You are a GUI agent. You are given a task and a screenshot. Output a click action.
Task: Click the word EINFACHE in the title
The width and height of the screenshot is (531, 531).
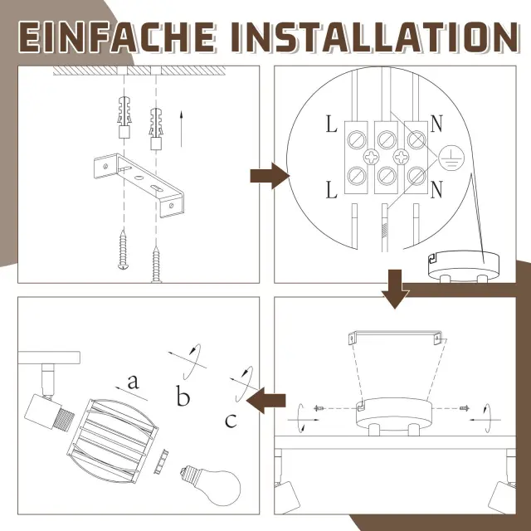[x=116, y=37]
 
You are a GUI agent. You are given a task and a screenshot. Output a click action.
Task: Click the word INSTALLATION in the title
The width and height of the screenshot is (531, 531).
[x=375, y=37]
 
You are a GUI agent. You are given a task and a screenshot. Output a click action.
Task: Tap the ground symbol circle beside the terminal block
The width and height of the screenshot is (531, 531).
[x=451, y=158]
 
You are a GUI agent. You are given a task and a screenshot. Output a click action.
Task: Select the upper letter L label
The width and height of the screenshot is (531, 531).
[x=332, y=124]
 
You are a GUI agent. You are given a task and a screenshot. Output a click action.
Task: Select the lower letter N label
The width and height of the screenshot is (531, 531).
[x=436, y=190]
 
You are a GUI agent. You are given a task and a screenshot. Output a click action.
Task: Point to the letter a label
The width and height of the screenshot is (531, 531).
[x=133, y=382]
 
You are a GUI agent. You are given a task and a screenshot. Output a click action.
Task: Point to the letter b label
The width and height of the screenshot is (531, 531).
[x=183, y=396]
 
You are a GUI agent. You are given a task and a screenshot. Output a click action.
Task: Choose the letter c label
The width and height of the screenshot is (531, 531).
[x=231, y=421]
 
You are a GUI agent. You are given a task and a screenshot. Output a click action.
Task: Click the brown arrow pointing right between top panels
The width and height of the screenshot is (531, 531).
[x=270, y=176]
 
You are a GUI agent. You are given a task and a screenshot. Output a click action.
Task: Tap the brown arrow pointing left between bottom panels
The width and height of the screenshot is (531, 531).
[x=265, y=401]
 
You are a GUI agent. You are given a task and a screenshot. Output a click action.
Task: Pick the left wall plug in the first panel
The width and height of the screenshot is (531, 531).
[x=124, y=117]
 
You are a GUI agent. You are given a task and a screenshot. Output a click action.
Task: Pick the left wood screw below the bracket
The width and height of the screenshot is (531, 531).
[x=123, y=250]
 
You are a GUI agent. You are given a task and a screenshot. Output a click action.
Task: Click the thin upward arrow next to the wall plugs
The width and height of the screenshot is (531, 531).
[x=181, y=129]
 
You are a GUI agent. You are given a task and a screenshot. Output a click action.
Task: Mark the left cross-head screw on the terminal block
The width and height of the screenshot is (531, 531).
[x=372, y=157]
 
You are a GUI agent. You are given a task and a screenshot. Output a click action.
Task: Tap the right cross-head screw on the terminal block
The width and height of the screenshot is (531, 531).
[x=402, y=157]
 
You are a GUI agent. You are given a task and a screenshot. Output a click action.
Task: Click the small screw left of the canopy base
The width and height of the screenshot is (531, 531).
[x=319, y=408]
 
